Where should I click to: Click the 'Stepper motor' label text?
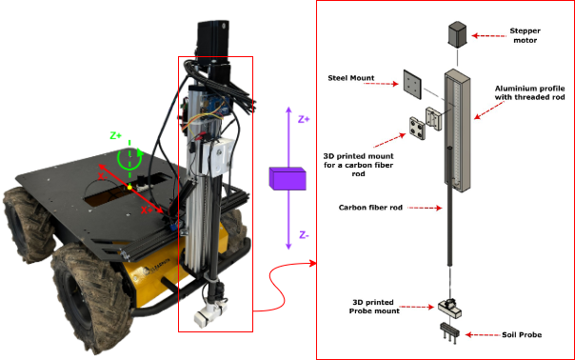coord(525,35)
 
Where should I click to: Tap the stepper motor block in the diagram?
coord(457,34)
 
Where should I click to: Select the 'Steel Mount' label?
coord(351,78)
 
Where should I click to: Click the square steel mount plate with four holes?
coord(412,85)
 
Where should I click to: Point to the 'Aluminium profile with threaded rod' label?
coord(529,92)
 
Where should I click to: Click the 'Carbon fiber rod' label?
coord(370,208)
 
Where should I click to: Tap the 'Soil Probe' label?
coord(522,334)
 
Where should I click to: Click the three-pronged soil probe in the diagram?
coord(450,333)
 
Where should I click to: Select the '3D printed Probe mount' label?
coord(374,307)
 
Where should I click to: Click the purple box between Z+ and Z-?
coord(287,179)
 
